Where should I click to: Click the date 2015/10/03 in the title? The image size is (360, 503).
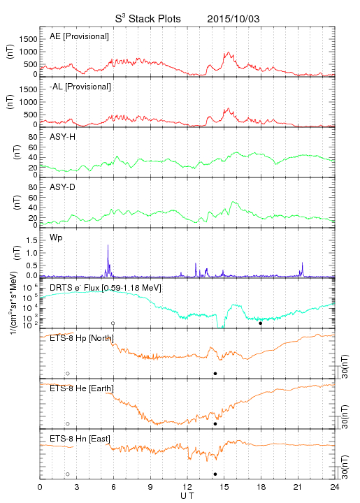(233, 19)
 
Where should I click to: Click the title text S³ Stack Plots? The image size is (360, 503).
(148, 18)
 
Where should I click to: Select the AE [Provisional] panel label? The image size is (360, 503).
(79, 36)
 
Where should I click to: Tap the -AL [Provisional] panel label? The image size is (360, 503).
(80, 87)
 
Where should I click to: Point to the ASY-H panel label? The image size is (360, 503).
(63, 137)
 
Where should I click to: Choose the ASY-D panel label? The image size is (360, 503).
(63, 187)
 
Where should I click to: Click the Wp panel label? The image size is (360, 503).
(56, 238)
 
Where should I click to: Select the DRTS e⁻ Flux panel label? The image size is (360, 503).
(106, 288)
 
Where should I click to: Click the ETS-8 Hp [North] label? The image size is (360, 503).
(82, 338)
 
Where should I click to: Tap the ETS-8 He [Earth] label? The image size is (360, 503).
(82, 388)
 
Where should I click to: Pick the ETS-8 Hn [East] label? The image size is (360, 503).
(80, 439)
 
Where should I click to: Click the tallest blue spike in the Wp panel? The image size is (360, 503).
(108, 245)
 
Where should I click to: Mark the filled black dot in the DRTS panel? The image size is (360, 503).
(261, 323)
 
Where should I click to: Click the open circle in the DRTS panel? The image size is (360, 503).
(113, 323)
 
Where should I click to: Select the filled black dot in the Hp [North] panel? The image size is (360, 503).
(215, 373)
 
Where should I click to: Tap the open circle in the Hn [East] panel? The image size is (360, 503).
(68, 474)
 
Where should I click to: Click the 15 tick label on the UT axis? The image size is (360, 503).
(224, 487)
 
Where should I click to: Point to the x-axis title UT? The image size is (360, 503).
(187, 496)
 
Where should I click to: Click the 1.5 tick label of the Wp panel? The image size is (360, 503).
(31, 240)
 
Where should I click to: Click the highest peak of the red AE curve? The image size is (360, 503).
(229, 52)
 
